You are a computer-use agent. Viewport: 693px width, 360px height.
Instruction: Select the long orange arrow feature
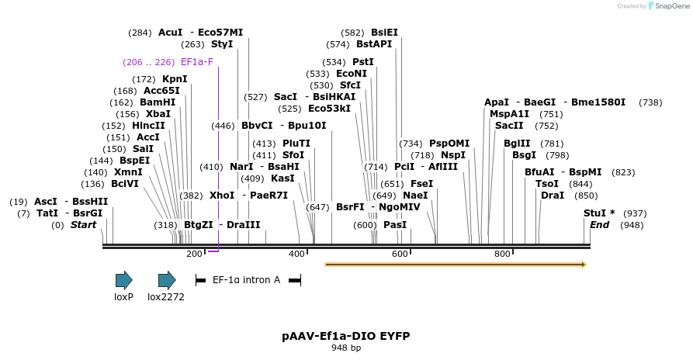coord(455,265)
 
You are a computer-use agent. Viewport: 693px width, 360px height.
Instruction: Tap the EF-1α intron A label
coord(246,279)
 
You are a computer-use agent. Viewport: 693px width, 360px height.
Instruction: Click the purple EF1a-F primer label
coord(196,61)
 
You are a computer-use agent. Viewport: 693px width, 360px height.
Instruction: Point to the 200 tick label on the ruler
coord(194,254)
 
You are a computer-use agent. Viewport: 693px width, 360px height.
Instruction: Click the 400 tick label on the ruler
coord(297,254)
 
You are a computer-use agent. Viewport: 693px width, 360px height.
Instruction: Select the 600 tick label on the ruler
coord(400,254)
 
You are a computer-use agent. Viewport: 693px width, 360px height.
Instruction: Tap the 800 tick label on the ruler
coord(502,254)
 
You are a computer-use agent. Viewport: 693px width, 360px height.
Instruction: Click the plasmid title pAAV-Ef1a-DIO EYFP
coord(345,336)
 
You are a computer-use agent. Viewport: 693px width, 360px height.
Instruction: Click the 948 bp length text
coord(345,348)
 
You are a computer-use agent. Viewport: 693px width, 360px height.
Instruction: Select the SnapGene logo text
coord(669,6)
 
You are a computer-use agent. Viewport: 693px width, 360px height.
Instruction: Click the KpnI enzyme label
coord(175,79)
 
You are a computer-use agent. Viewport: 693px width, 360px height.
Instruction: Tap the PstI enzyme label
coord(363,62)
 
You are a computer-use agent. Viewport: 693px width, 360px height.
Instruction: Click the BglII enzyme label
coord(517,144)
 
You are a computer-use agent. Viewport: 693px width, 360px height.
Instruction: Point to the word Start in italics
coord(84,225)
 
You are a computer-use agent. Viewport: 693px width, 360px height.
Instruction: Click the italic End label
coord(599,225)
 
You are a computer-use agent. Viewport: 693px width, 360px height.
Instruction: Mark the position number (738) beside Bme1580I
coord(650,102)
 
